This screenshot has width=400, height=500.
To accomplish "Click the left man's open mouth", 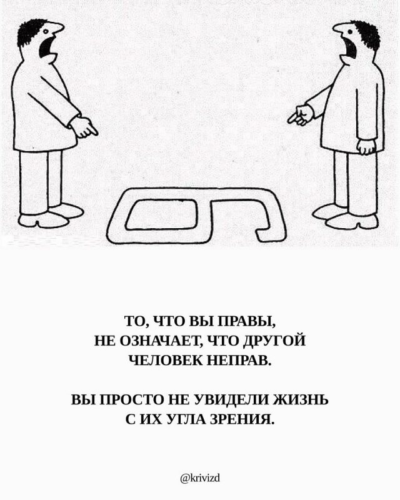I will coord(46,46).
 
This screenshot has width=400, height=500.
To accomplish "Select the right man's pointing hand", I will coord(300,116).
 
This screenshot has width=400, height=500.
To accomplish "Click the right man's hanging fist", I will coord(366,147).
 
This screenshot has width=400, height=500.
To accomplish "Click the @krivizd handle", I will coord(200,478).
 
